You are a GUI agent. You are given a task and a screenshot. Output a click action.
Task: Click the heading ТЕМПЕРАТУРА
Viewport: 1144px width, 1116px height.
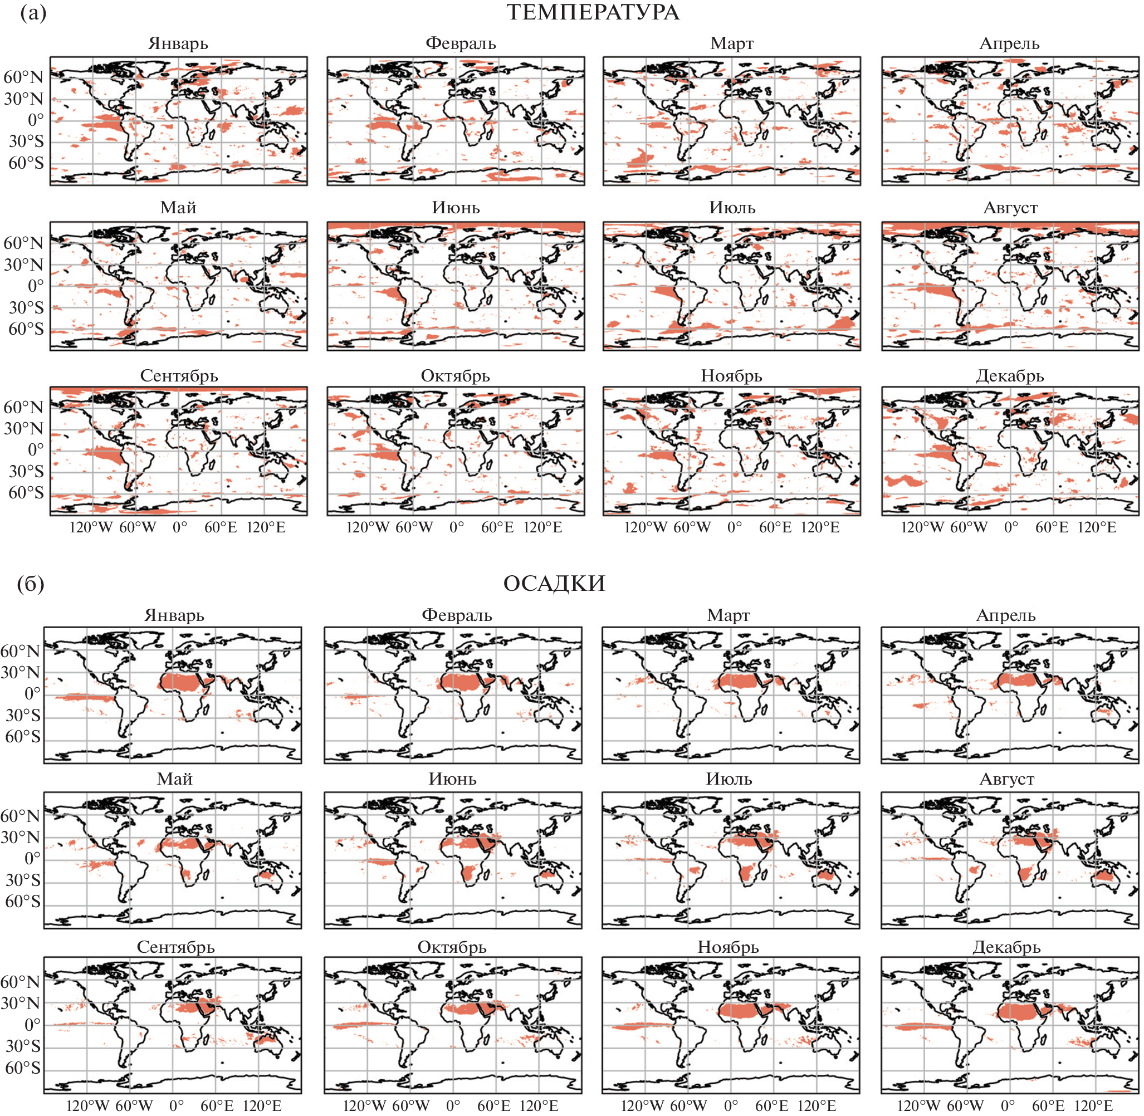pos(593,12)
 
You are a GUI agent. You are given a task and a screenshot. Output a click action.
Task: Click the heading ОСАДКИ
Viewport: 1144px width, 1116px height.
pos(554,583)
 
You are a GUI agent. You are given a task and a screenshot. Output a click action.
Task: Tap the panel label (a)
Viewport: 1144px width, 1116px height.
pos(33,12)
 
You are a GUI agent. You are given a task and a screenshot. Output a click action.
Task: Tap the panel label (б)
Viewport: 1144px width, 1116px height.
pos(31,584)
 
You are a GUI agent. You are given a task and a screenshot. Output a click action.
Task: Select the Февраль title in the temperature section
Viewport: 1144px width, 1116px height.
pos(460,43)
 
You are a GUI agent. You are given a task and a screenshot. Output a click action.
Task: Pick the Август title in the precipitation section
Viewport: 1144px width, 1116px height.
pos(1006,779)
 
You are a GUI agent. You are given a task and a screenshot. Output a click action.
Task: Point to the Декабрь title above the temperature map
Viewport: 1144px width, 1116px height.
pos(1009,376)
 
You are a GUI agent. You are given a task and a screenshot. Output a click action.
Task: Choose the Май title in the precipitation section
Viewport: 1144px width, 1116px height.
pos(175,779)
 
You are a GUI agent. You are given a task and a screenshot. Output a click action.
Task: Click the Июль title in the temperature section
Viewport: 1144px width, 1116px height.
pos(732,208)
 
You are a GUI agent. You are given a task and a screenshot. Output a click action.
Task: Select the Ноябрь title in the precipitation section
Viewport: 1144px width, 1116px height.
pos(728,947)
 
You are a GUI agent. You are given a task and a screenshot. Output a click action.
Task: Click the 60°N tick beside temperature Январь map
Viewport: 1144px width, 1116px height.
pos(23,77)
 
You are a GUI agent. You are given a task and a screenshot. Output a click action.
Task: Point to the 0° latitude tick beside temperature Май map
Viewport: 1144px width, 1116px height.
pos(35,286)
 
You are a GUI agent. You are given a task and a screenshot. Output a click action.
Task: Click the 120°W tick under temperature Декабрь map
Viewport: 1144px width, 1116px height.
pos(922,527)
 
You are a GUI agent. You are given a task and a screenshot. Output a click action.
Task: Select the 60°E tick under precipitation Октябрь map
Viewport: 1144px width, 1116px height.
pos(493,1105)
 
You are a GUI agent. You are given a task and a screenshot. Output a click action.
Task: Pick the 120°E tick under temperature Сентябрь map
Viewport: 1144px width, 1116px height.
pos(266,527)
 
